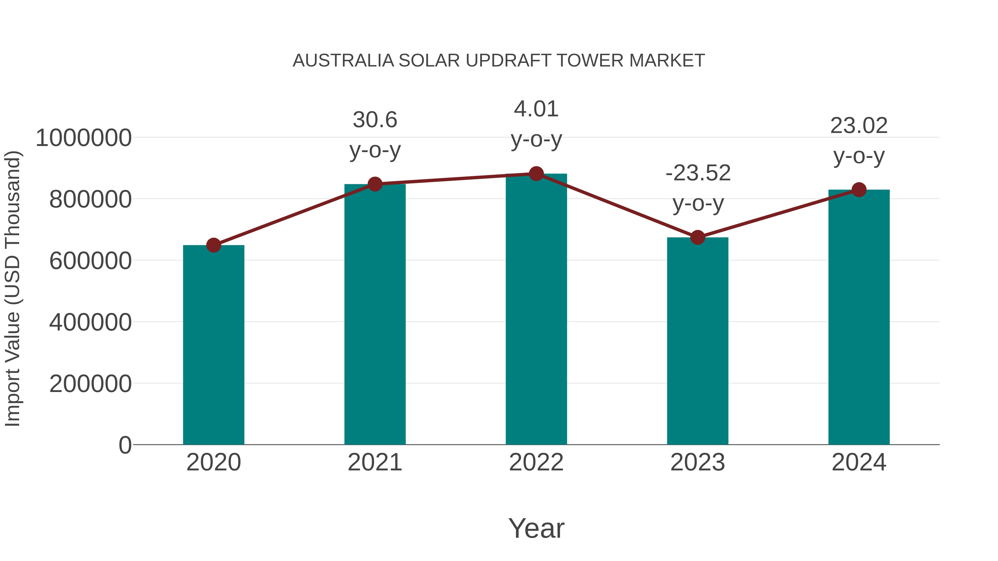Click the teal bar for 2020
pos(213,345)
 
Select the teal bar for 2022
pos(536,310)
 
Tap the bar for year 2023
pos(697,341)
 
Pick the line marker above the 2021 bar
pos(375,184)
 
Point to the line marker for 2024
pos(859,190)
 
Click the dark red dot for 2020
pos(213,245)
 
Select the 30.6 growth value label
pos(375,120)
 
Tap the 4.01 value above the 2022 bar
pos(536,109)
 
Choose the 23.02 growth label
pos(859,126)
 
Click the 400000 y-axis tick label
pos(90,322)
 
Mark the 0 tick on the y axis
pos(125,445)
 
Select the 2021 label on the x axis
pos(375,462)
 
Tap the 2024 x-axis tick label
pos(859,462)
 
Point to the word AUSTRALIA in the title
pos(343,61)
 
